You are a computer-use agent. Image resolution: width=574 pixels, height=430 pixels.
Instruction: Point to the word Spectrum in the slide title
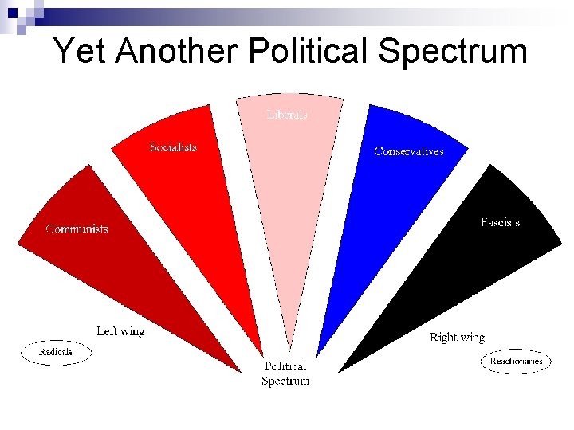click(453, 52)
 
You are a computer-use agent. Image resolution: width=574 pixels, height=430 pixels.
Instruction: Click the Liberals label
click(287, 115)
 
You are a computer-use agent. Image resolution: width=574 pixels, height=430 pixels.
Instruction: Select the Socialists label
click(173, 147)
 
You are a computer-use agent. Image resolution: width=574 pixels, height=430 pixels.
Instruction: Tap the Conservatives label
click(409, 151)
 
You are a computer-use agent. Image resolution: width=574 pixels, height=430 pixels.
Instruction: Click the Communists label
click(77, 229)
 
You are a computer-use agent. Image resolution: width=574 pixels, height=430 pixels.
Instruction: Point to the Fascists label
click(501, 222)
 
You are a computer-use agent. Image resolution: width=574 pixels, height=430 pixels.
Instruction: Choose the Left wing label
click(120, 330)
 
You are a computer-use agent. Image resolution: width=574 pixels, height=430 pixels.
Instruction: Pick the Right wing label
click(457, 338)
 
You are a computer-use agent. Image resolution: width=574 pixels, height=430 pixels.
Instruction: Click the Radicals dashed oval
click(56, 351)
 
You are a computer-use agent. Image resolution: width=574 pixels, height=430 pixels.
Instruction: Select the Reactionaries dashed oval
click(516, 362)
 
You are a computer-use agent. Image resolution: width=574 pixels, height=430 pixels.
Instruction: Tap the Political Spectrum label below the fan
click(285, 373)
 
